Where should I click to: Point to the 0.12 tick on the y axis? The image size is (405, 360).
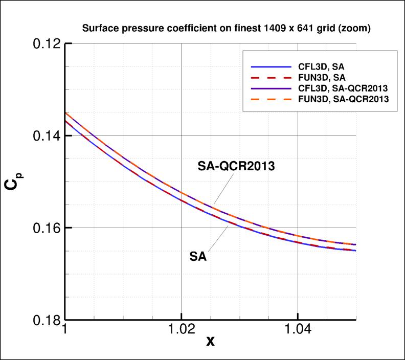click(42, 44)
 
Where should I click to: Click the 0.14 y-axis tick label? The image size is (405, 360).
click(42, 136)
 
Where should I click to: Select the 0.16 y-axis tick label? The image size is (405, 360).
click(42, 228)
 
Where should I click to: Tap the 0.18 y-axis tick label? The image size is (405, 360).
click(42, 320)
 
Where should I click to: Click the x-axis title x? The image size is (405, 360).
click(210, 341)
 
